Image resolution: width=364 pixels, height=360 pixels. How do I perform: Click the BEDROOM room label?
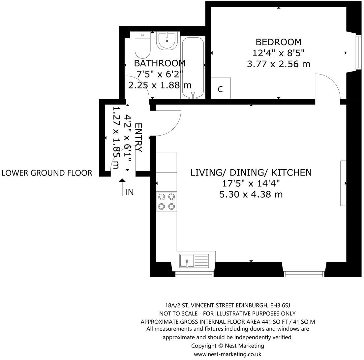279,42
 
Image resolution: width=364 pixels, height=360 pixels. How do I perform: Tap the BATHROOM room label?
160,63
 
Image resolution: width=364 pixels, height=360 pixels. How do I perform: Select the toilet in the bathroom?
142,45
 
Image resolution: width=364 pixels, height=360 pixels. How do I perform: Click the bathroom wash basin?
167,41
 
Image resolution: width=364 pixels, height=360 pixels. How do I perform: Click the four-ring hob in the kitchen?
166,202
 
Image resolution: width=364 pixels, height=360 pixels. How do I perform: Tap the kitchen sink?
194,261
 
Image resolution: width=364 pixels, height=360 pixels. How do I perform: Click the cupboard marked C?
221,88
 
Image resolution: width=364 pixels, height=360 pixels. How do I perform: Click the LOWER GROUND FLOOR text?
47,173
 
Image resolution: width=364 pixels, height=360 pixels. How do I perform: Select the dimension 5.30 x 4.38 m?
251,194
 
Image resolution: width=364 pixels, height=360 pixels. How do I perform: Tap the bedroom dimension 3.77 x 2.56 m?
279,64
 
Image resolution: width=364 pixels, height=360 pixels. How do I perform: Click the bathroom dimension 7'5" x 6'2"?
160,74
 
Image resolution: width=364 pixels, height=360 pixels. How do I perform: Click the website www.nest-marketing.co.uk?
228,354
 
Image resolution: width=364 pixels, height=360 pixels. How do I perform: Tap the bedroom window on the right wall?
359,52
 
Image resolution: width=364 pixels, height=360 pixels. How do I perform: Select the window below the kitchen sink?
194,274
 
